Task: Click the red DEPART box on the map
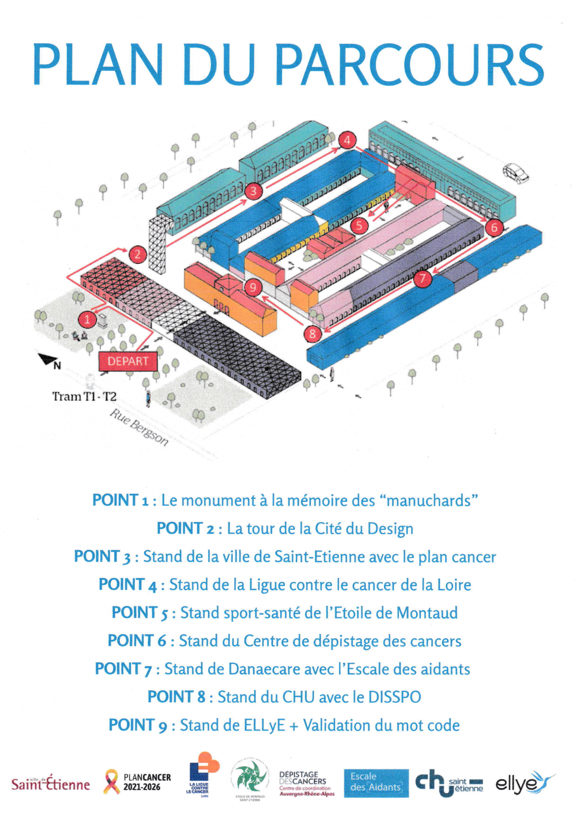point(128,361)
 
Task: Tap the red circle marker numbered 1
point(87,319)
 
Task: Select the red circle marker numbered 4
point(347,140)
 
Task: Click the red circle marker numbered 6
point(494,227)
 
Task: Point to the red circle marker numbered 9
point(252,287)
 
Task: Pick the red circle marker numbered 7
point(422,279)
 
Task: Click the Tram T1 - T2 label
point(84,396)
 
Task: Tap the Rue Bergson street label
point(139,427)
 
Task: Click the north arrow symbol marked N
point(50,361)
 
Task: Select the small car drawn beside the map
point(516,173)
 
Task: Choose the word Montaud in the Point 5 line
point(427,612)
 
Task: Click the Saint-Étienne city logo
point(50,783)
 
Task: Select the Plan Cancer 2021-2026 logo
point(137,782)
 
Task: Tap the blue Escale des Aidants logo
point(376,783)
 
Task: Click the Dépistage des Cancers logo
point(306,783)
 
